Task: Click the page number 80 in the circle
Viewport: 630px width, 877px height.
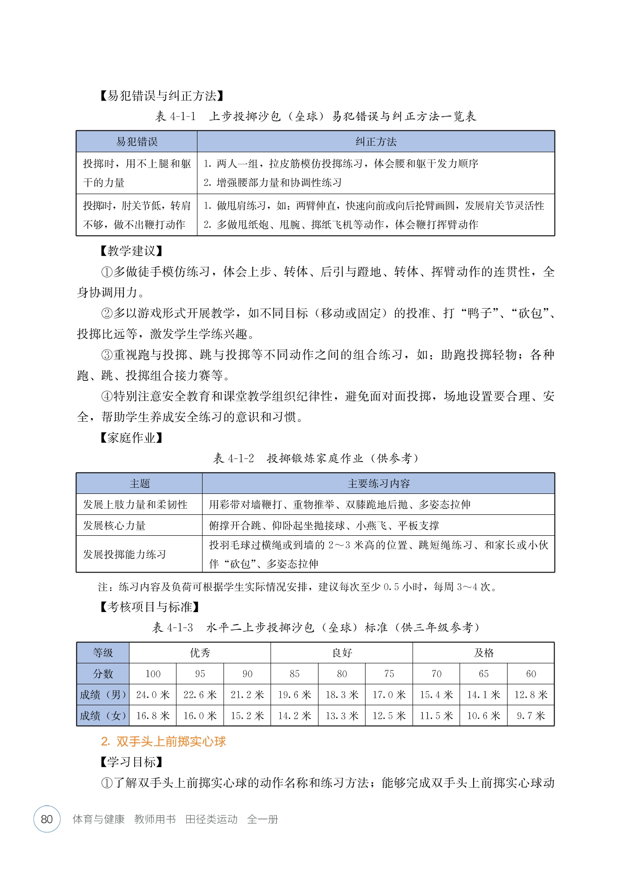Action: click(x=47, y=819)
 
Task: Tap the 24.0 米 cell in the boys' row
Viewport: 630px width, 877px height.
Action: click(x=153, y=695)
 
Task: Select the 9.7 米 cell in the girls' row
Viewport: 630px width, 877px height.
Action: click(x=530, y=715)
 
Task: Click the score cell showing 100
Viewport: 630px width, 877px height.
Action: click(x=153, y=674)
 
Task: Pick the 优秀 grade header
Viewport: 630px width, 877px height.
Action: click(x=200, y=653)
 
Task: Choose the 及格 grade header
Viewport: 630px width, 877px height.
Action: click(x=483, y=653)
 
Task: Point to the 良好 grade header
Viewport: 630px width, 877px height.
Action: click(x=342, y=653)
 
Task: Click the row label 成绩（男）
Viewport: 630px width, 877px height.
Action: click(x=103, y=695)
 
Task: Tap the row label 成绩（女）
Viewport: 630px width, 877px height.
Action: click(x=103, y=715)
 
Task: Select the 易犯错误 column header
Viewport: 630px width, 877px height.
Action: click(x=137, y=142)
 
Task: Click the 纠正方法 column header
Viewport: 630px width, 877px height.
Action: click(x=376, y=142)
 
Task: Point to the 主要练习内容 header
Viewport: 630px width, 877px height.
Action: click(x=379, y=484)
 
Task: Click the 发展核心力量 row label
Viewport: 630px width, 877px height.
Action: click(x=115, y=526)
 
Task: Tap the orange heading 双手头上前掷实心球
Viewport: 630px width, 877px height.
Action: click(x=163, y=742)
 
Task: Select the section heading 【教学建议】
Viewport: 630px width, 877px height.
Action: click(x=131, y=251)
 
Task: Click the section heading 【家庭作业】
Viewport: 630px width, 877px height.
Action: click(x=131, y=438)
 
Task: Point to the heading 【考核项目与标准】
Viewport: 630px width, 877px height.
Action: click(x=150, y=607)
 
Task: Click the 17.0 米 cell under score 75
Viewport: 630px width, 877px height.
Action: click(x=389, y=695)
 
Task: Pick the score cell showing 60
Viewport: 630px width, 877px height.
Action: click(x=530, y=674)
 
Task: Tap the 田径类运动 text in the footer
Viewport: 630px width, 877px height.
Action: click(x=211, y=819)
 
